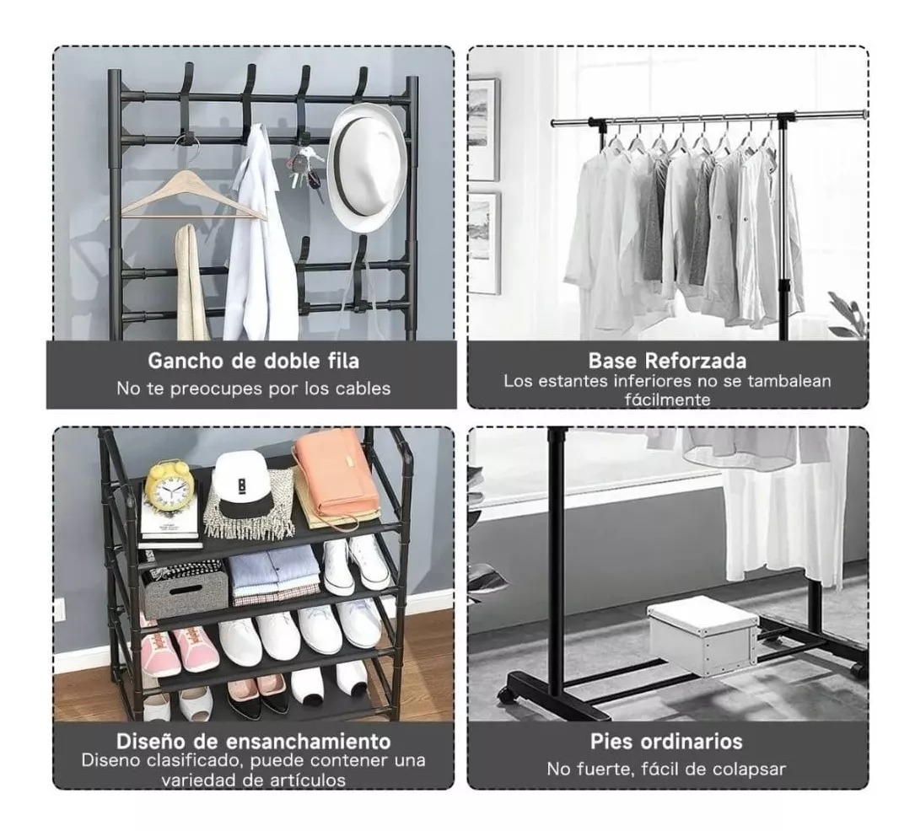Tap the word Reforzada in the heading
[703, 362]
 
